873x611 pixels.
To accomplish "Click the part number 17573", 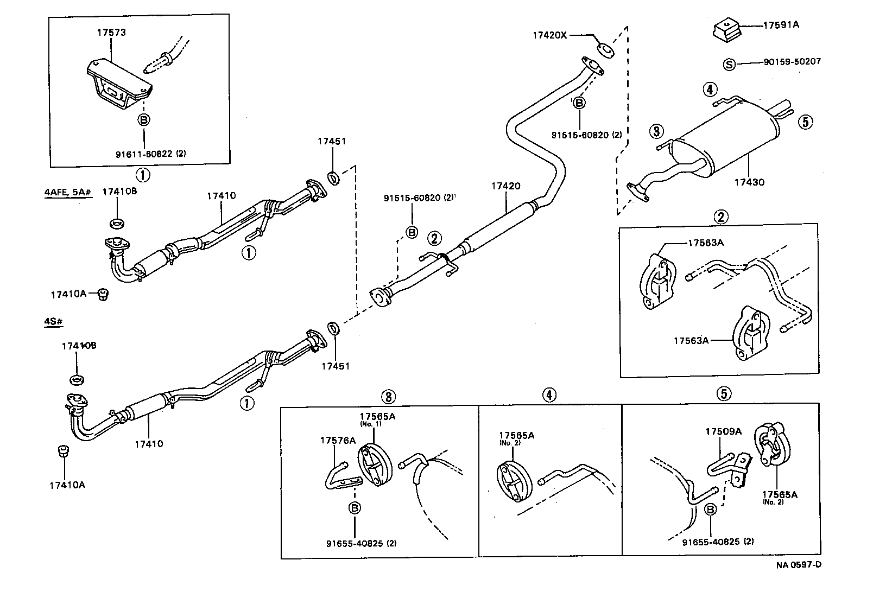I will [111, 33].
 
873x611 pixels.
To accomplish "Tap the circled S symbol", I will [730, 65].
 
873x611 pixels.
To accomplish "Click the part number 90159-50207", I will [792, 62].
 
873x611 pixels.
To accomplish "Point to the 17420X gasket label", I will [549, 35].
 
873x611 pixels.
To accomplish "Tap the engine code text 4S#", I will [53, 322].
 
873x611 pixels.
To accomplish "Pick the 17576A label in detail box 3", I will [337, 441].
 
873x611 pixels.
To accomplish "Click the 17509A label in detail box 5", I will [723, 432].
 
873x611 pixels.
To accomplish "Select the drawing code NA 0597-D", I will [798, 564].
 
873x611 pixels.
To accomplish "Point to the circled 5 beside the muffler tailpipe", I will [806, 122].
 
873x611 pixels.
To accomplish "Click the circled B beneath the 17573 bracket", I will [144, 120].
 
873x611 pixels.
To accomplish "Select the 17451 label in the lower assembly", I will [335, 366].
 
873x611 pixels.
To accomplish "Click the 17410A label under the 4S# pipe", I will [67, 485].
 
